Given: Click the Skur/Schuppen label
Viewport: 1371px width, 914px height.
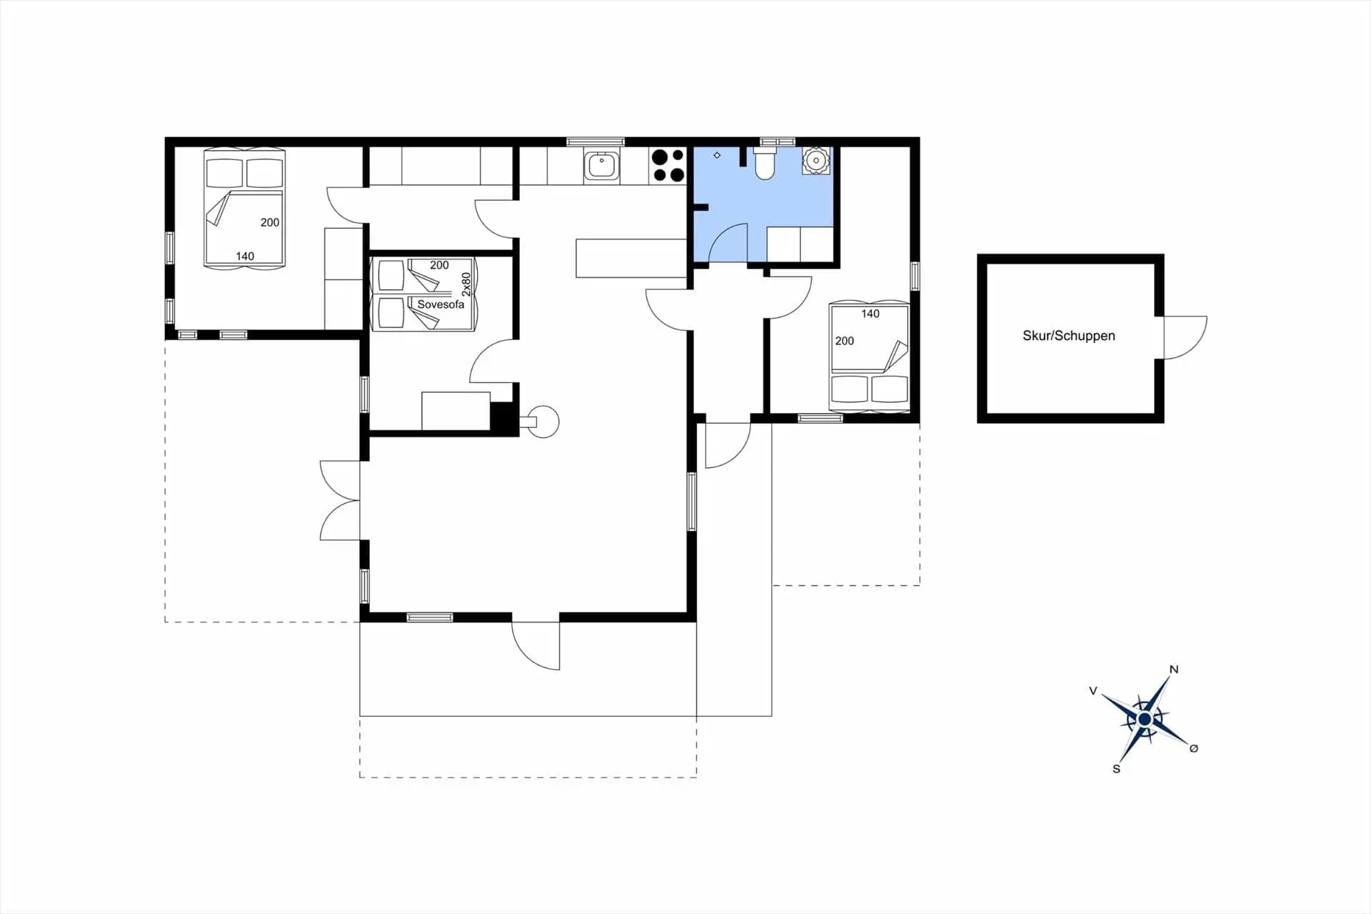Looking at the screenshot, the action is tap(1068, 336).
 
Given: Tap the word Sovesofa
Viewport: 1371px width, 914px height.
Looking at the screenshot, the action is tap(441, 304).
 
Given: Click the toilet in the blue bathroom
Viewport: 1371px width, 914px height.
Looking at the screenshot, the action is tap(764, 163).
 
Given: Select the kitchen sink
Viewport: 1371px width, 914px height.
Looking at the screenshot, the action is tap(601, 166).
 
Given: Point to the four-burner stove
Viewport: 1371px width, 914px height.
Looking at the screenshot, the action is tap(668, 166).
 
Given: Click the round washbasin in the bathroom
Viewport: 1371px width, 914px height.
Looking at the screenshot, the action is tap(815, 161).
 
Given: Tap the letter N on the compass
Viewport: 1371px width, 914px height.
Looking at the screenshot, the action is tap(1173, 670).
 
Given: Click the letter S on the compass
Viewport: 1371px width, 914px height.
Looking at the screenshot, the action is tap(1116, 769).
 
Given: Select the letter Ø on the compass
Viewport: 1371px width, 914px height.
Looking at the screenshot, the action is tap(1193, 748).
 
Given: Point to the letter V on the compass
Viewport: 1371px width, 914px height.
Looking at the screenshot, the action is tap(1093, 691).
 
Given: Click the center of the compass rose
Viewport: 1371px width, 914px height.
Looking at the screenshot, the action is tap(1145, 719).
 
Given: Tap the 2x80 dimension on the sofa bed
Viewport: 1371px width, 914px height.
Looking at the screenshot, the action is tap(466, 284).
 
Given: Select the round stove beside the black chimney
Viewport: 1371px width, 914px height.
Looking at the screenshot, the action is tap(543, 422).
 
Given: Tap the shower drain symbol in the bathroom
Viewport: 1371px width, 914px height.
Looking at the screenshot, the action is tap(717, 155).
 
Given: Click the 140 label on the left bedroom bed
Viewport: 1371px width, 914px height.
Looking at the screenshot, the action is tap(245, 257).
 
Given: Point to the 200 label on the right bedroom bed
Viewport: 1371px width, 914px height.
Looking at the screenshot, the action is tap(844, 341).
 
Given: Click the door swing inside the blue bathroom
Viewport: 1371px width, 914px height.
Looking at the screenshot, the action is tap(728, 243).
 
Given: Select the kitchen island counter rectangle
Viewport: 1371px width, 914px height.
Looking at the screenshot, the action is tap(631, 258).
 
